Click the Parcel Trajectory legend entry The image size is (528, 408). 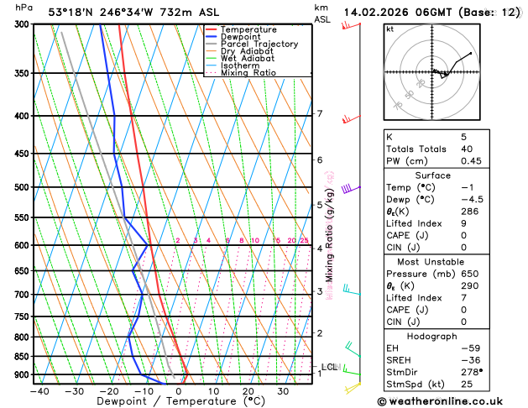point(259,44)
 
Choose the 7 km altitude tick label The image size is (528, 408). point(319,114)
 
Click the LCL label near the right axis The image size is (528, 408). point(329,367)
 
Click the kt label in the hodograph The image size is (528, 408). point(389,29)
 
